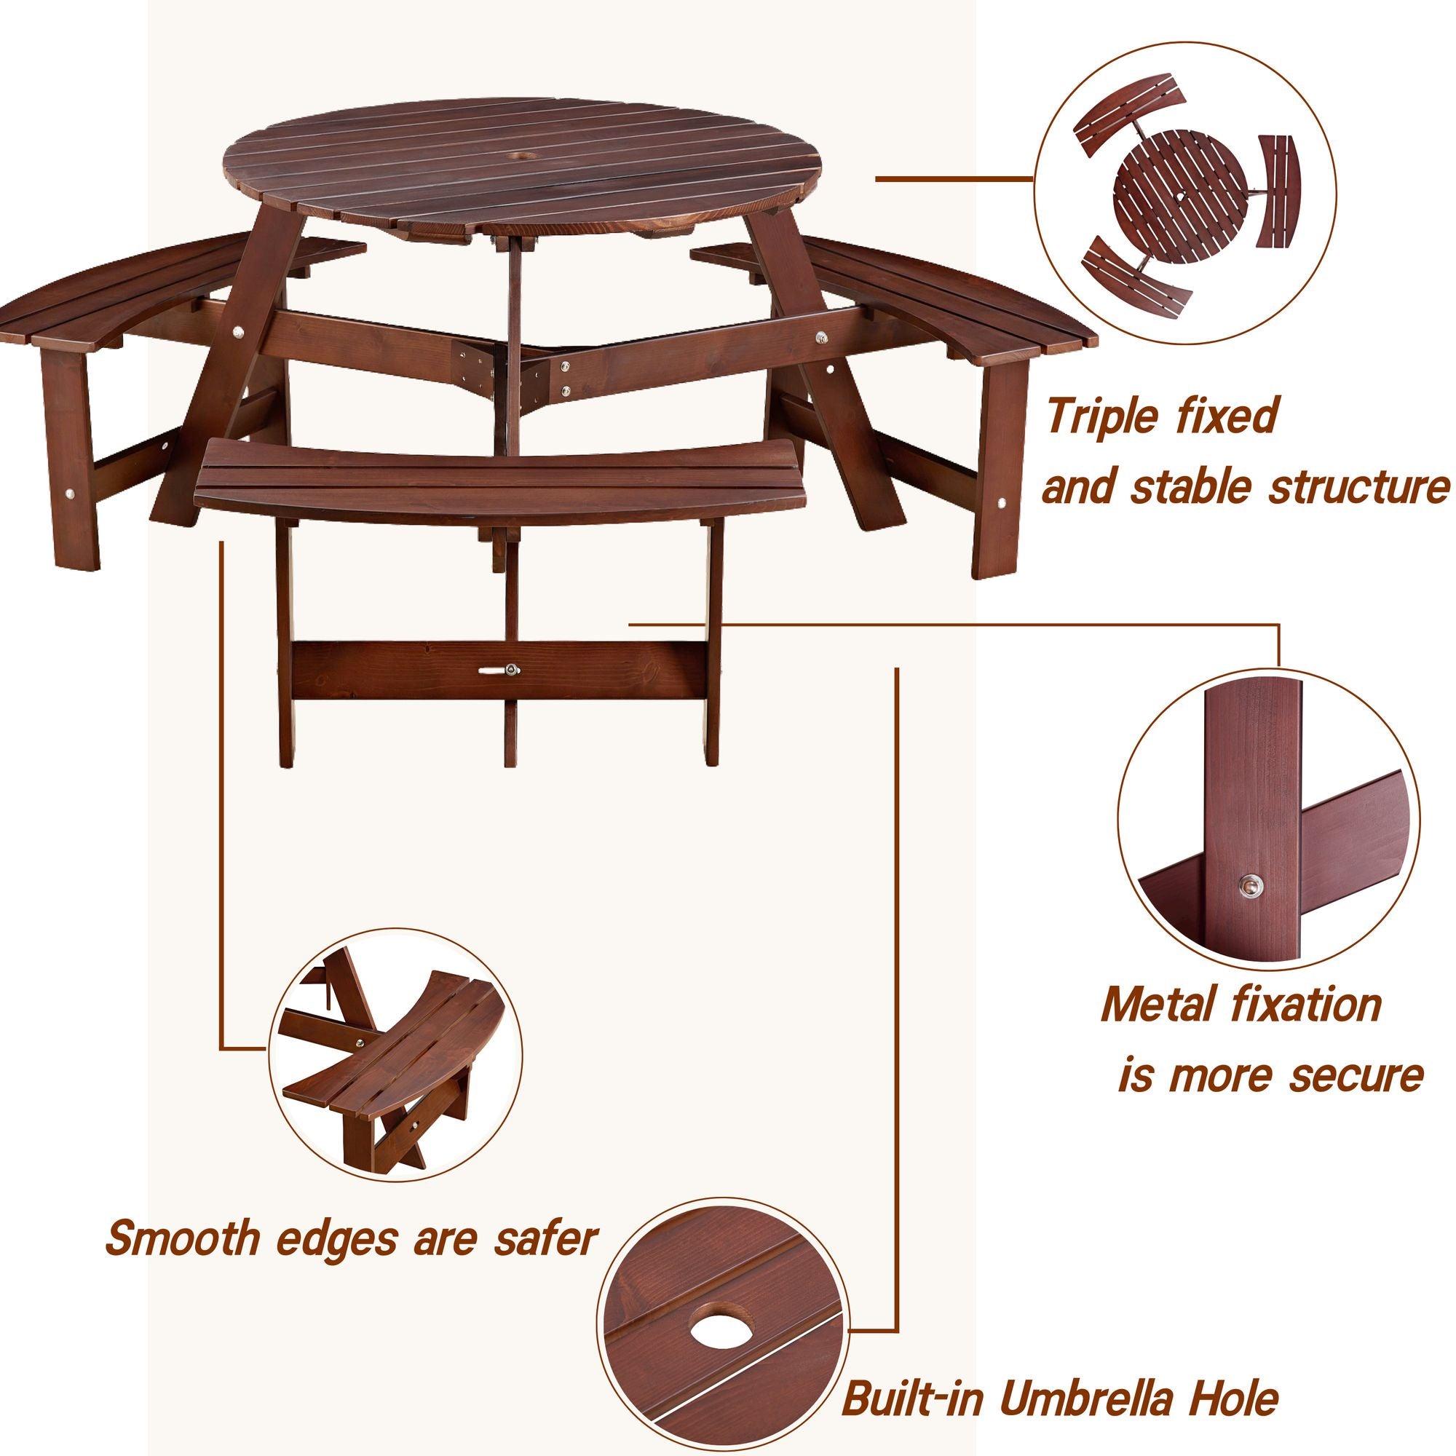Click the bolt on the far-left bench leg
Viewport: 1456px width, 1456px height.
click(x=70, y=494)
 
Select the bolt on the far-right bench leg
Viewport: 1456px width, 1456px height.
click(x=1002, y=502)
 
